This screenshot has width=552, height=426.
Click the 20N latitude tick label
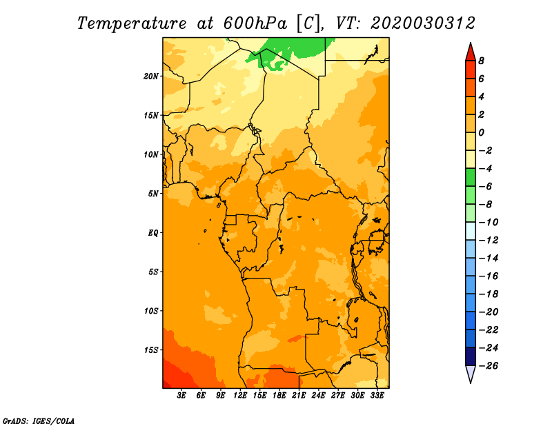150,77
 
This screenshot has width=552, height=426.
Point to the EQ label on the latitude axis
153,233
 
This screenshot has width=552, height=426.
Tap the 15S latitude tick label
151,350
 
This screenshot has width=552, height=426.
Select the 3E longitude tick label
181,396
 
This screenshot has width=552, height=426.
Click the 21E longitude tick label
299,396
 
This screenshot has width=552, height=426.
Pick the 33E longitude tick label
377,396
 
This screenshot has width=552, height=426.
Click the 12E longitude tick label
240,396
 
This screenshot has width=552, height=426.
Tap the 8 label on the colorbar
481,61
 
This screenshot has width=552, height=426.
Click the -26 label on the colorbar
489,366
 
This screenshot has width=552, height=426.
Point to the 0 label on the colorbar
481,132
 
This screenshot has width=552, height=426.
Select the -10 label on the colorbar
489,223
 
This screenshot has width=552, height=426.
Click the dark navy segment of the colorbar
471,356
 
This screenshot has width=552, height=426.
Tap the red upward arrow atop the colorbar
471,53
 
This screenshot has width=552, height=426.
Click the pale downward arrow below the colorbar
471,374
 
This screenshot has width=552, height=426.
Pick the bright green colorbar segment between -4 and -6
471,177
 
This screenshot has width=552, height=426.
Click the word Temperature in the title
132,24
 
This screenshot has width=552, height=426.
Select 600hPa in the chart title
255,23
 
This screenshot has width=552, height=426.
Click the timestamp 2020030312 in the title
423,23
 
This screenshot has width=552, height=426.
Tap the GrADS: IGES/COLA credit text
39,421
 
